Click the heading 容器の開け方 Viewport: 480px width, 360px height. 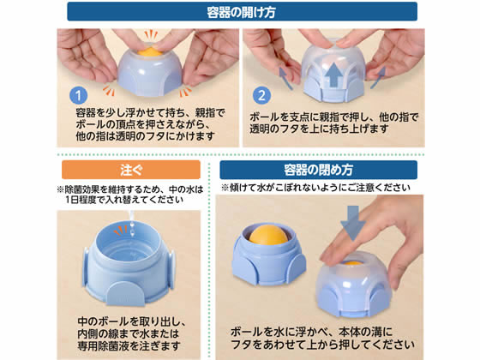tap(241, 12)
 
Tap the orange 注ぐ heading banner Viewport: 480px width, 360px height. tap(131, 170)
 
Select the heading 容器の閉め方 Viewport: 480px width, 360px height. tap(318, 170)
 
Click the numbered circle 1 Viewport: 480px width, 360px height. tap(78, 95)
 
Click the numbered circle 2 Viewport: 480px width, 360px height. tap(261, 95)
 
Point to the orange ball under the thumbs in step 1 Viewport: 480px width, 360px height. tap(150, 52)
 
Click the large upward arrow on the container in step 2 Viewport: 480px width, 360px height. tap(334, 75)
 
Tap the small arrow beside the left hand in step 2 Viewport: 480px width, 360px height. tap(285, 79)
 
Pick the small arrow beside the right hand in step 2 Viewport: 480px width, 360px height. tap(378, 78)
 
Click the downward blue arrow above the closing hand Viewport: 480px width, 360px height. tap(353, 223)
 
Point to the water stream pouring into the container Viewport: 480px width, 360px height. tap(132, 224)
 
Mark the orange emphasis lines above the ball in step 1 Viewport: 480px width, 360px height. tap(151, 34)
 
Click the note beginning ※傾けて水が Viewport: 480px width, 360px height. tap(315, 188)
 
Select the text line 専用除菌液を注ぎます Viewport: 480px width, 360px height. tap(129, 346)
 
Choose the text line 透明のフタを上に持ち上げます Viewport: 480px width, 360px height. tap(319, 129)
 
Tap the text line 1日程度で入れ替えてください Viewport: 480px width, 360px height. tap(124, 200)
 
